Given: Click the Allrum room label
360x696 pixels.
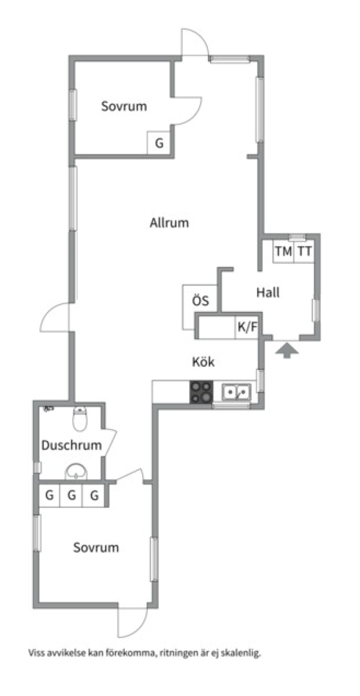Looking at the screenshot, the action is [x=169, y=222].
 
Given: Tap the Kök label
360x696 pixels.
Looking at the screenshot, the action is [x=204, y=362].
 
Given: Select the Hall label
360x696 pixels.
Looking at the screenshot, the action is [x=268, y=293].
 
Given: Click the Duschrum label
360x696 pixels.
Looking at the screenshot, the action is [x=72, y=445].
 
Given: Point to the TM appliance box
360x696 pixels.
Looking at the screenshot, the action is [x=283, y=251].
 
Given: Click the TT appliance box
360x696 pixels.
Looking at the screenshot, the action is [x=304, y=251].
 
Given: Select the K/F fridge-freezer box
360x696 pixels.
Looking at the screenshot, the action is [x=247, y=327].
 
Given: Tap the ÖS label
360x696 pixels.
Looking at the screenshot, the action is [x=200, y=300].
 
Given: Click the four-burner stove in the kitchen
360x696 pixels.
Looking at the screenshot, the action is [x=202, y=392].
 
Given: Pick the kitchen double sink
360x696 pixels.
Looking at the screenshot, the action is [x=236, y=392].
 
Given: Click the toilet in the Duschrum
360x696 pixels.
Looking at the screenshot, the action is [x=80, y=418].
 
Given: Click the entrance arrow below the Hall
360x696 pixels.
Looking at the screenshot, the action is [x=287, y=351].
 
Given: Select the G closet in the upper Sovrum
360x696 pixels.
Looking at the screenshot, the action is [x=159, y=143].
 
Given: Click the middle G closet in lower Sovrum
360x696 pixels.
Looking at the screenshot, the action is [x=72, y=496].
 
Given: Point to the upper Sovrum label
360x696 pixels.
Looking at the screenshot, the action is [x=124, y=106].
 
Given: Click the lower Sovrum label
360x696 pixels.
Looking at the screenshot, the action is [x=96, y=547].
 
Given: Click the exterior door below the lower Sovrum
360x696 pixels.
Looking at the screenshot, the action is [x=133, y=621].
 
